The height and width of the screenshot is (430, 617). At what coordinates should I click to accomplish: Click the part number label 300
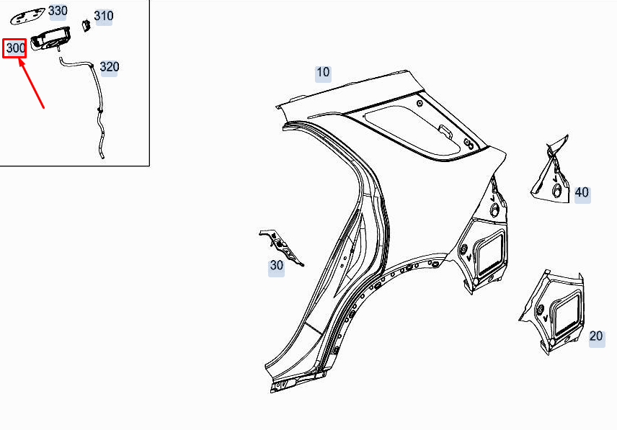point(15,48)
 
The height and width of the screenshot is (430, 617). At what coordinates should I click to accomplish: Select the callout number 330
point(58,11)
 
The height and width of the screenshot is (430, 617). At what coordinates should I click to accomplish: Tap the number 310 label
point(104,16)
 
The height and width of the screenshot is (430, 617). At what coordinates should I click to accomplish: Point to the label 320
point(110,67)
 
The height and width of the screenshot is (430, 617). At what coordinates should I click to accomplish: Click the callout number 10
point(322,72)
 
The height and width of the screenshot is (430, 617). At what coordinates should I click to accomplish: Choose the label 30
point(277,265)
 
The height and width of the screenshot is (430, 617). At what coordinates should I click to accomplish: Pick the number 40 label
point(582,192)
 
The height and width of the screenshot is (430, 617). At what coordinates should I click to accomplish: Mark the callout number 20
point(596,336)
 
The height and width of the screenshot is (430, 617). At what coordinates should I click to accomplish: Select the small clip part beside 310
point(84,25)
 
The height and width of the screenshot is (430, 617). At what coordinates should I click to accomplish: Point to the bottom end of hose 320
point(102,153)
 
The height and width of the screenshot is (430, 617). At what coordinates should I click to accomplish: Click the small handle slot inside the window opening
point(445,130)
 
